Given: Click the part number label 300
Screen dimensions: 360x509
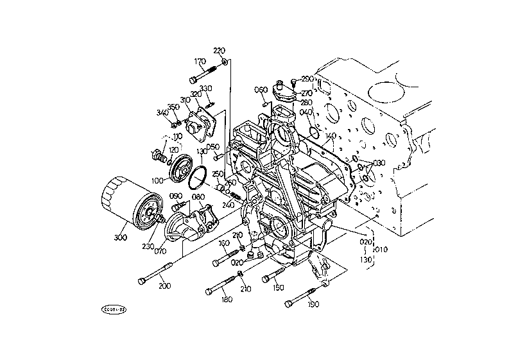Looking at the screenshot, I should tap(120, 237).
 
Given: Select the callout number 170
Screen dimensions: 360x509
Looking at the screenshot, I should tap(200, 62).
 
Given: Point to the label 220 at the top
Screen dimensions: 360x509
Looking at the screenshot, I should tap(220, 51).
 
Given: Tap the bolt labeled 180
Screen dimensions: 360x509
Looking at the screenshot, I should tap(222, 285).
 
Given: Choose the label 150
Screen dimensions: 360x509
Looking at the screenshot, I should tap(278, 288).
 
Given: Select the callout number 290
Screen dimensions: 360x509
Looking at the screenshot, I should tap(307, 79).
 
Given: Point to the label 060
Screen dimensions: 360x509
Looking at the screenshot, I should tap(261, 89).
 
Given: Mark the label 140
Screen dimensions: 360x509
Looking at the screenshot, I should tap(331, 136).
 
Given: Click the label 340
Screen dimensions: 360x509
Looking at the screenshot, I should tap(162, 113).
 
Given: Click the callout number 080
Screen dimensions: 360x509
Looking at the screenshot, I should tap(198, 197).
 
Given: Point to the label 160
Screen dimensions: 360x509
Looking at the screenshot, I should tap(224, 244).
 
